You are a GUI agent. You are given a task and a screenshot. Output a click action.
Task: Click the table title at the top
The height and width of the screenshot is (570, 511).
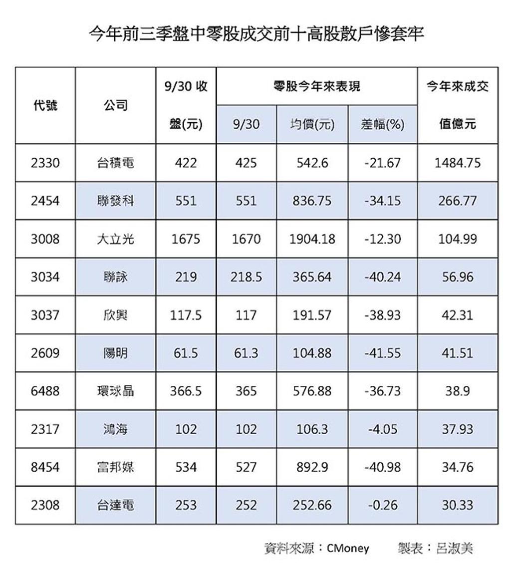(256, 33)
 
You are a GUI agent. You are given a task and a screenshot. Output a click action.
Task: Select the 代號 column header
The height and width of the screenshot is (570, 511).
(45, 105)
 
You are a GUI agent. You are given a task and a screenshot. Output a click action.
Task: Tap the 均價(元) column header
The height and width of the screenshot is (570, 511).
(312, 124)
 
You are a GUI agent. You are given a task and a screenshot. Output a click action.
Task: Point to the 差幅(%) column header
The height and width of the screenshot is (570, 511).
(383, 124)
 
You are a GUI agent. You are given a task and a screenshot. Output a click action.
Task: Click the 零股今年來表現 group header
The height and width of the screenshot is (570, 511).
(316, 86)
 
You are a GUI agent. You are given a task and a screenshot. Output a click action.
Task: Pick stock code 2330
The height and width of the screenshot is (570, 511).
(45, 163)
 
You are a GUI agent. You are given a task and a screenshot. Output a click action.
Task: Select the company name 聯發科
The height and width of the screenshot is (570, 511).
(116, 201)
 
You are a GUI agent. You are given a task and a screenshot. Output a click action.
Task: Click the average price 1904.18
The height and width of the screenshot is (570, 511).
(312, 239)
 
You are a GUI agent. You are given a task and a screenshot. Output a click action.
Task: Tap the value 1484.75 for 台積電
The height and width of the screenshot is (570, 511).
(458, 163)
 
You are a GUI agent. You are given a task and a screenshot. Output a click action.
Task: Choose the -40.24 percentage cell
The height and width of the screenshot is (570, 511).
(383, 277)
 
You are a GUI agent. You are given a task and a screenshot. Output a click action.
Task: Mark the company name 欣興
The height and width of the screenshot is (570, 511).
(116, 315)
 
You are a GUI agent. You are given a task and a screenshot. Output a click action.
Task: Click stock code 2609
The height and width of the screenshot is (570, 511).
(45, 353)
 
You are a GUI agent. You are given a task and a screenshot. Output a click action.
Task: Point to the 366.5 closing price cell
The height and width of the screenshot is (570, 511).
(186, 391)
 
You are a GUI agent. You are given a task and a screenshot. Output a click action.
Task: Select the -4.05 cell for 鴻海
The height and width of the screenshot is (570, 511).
(383, 429)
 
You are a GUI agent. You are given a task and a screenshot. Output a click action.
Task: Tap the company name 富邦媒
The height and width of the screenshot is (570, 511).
(116, 467)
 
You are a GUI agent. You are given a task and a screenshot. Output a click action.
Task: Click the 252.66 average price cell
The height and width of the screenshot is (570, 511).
(312, 505)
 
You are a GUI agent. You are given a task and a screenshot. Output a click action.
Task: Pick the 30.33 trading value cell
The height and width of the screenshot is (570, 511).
(458, 505)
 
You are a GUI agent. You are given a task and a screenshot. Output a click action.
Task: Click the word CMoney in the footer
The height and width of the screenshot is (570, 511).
(348, 548)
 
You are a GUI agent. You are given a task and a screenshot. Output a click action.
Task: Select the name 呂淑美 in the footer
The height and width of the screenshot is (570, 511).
(454, 548)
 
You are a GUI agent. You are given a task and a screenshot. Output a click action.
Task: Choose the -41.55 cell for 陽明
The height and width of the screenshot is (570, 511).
(383, 353)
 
